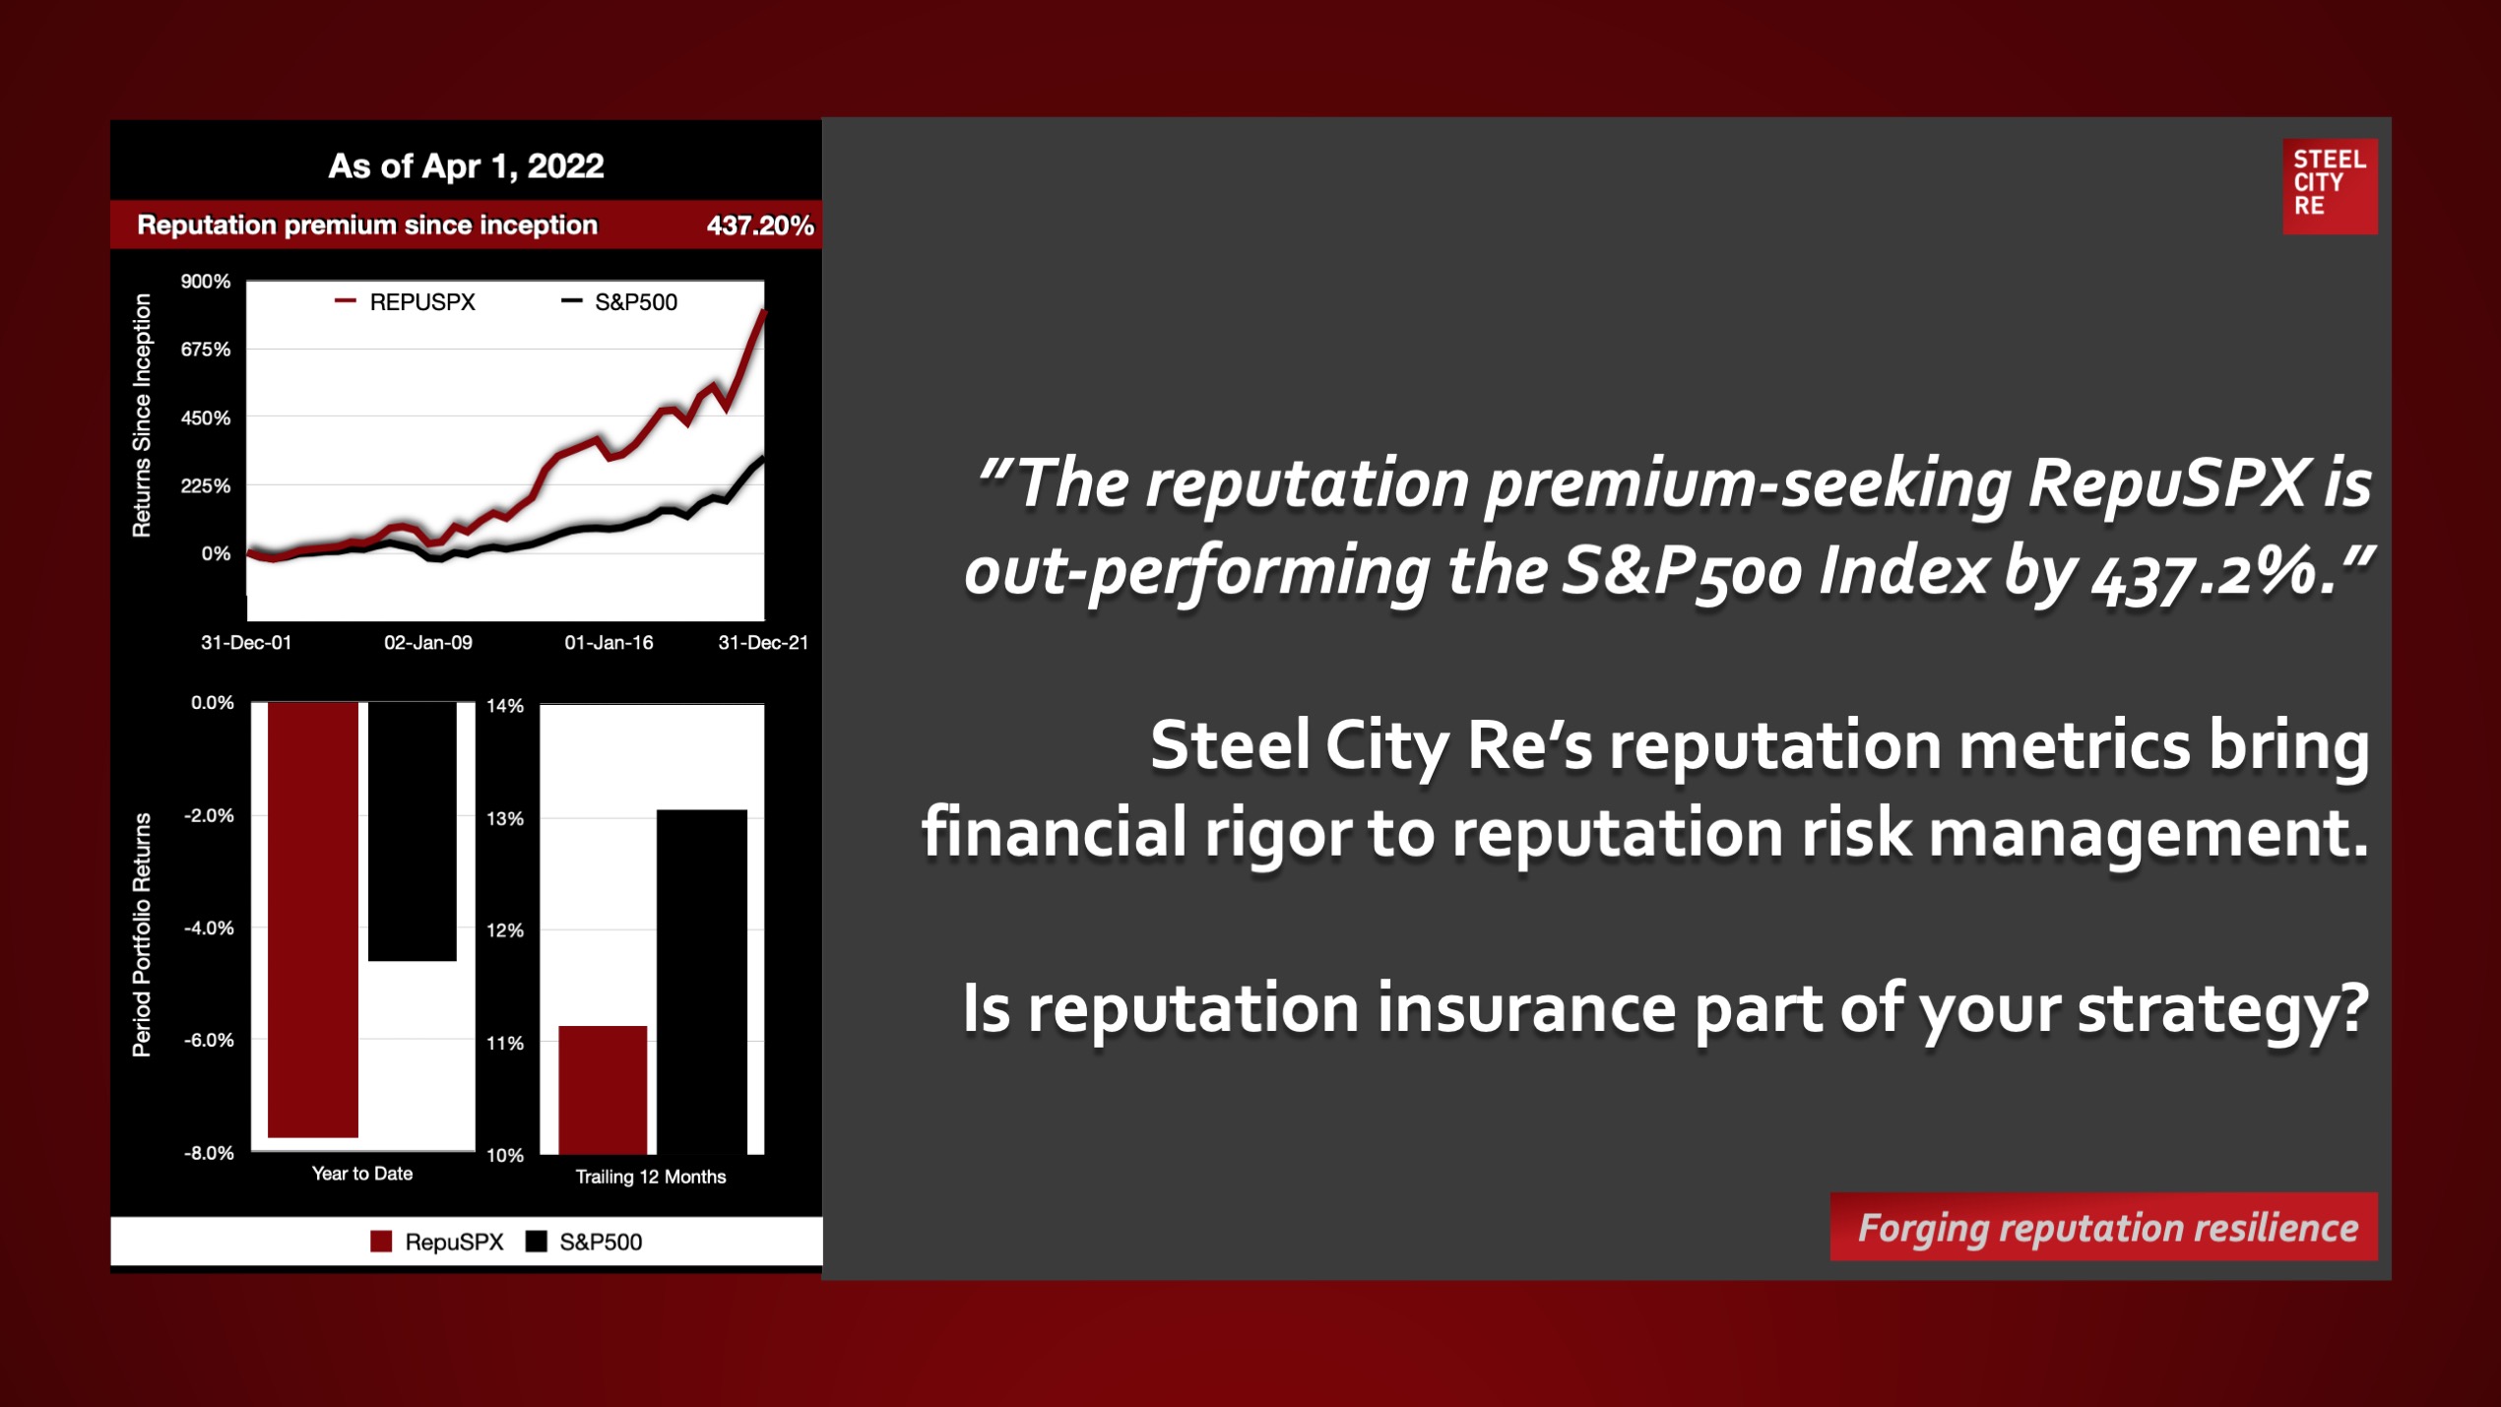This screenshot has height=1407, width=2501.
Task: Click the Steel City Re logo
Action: coord(2330,186)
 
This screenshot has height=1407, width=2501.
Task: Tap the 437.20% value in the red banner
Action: coord(760,225)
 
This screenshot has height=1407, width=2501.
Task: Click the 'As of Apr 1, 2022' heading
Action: coord(466,165)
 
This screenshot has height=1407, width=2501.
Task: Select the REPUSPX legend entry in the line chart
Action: coord(405,302)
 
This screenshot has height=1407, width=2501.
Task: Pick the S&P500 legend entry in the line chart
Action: coord(619,302)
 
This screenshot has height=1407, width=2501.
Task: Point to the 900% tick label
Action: coord(206,282)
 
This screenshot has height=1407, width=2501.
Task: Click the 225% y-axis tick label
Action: coord(206,486)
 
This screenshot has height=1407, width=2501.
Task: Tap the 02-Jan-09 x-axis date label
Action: coord(428,643)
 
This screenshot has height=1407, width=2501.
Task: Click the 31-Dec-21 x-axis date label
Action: coord(763,643)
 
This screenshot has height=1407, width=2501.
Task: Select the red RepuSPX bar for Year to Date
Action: coord(313,920)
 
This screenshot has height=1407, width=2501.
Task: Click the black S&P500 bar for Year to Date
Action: coord(413,831)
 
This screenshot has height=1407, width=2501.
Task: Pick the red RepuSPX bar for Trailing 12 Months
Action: coord(603,1090)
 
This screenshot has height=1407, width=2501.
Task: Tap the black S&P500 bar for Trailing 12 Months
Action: coord(702,982)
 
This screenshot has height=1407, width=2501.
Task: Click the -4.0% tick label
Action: coord(209,928)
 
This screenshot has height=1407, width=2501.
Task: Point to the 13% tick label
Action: coord(505,819)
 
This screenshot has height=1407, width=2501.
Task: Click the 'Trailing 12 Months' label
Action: coord(651,1177)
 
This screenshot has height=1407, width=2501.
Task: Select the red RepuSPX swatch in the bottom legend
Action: coord(381,1242)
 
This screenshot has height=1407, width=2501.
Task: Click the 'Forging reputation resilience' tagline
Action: coord(2107,1228)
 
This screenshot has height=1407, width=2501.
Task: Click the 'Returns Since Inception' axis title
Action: coord(143,416)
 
